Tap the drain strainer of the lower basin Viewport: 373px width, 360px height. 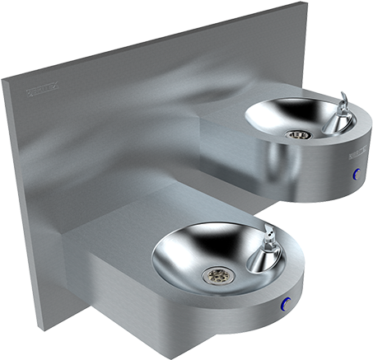pyautogui.click(x=218, y=274)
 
